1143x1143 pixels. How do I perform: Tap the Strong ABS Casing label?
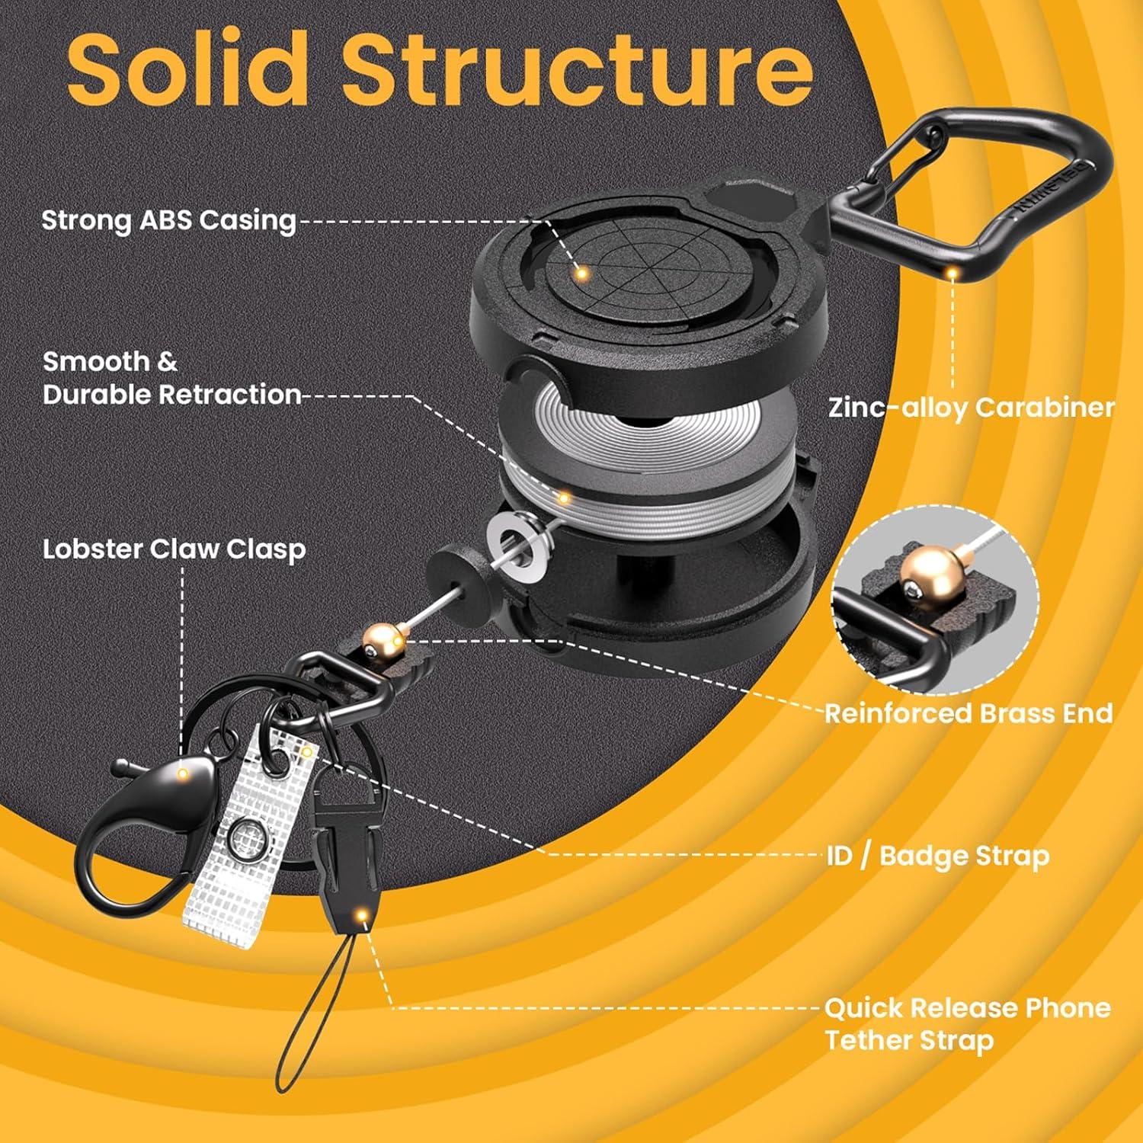[x=168, y=220]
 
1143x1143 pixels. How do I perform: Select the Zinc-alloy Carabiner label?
[x=972, y=408]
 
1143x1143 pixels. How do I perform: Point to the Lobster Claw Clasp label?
[x=174, y=549]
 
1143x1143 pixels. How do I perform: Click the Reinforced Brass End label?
[x=969, y=714]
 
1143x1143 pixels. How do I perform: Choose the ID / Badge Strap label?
[x=938, y=856]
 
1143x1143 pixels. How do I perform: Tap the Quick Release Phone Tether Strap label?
[x=968, y=1024]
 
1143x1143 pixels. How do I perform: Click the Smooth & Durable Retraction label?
[x=172, y=378]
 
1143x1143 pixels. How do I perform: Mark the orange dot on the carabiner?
[x=952, y=271]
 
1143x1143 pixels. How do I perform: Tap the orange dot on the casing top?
[x=581, y=272]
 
